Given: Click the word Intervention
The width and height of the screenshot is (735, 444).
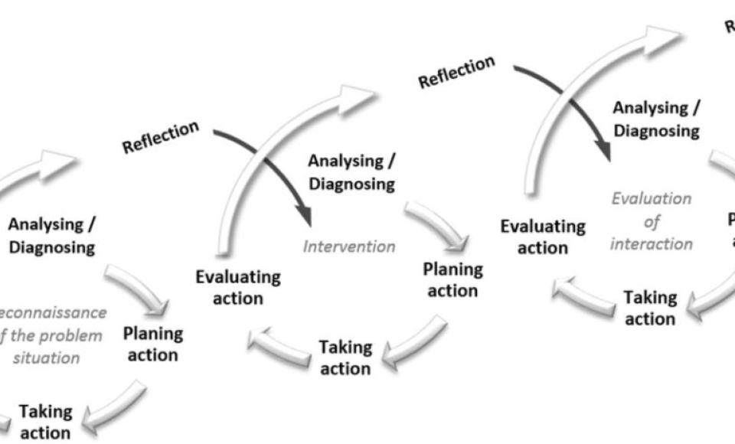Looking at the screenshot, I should (x=349, y=247).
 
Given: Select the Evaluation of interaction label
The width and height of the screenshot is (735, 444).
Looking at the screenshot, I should (x=652, y=221).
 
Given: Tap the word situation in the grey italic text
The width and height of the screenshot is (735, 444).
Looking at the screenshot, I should (x=52, y=357).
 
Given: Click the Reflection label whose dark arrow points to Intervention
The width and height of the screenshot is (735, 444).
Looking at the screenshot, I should (x=161, y=136).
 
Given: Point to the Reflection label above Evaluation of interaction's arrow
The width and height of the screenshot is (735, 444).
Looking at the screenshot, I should (x=457, y=71).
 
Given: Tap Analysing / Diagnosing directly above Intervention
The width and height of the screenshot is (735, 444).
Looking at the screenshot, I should (x=351, y=172).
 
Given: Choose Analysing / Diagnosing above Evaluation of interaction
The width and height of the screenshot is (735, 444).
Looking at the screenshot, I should (x=656, y=119).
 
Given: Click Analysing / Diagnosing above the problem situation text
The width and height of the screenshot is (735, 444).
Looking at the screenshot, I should (x=52, y=236).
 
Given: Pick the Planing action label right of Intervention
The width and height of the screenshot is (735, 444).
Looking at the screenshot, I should (x=453, y=279).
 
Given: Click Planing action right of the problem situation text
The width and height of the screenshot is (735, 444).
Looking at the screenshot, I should (x=153, y=344).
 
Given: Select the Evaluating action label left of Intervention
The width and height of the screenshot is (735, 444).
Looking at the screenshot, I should (x=238, y=287).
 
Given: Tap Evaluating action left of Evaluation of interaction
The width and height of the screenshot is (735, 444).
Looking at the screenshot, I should (x=543, y=237).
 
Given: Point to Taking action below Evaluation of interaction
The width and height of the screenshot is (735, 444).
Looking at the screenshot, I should (x=650, y=307).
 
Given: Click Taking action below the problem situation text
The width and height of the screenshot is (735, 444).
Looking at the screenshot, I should (x=45, y=422).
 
